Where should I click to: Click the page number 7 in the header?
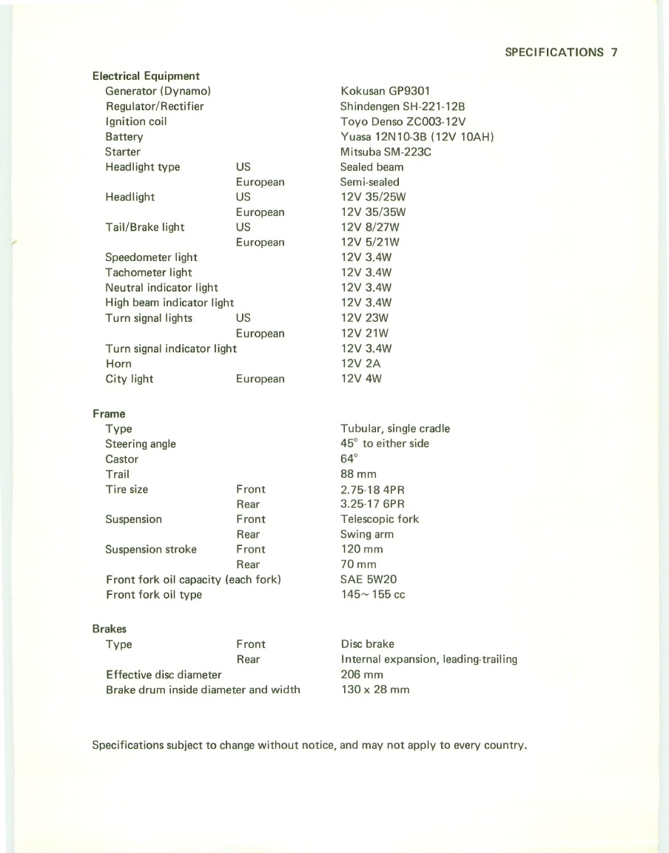pyautogui.click(x=614, y=53)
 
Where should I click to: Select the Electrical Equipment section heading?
pyautogui.click(x=146, y=76)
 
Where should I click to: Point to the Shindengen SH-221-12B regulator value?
pyautogui.click(x=406, y=107)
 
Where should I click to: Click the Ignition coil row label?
pyautogui.click(x=136, y=121)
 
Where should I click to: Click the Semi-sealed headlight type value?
pyautogui.click(x=369, y=182)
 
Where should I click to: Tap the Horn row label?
pyautogui.click(x=118, y=364)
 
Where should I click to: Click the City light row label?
pyautogui.click(x=130, y=379)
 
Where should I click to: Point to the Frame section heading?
pyautogui.click(x=109, y=414)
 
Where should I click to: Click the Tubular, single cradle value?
pyautogui.click(x=395, y=429)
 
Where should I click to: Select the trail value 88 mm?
pyautogui.click(x=359, y=474)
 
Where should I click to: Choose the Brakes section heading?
pyautogui.click(x=109, y=629)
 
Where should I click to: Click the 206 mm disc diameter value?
pyautogui.click(x=361, y=675)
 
